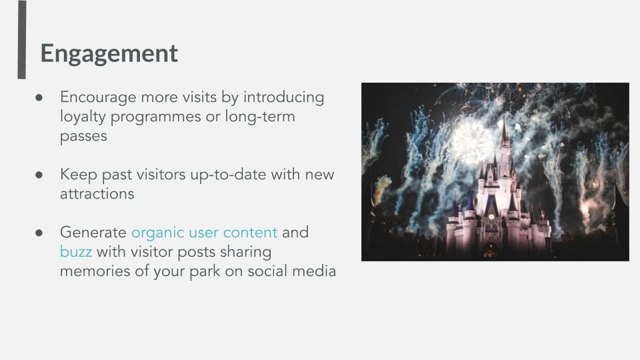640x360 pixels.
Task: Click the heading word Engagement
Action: click(109, 54)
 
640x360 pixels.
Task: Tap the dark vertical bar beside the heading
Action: click(21, 39)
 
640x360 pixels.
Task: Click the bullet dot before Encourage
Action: click(39, 97)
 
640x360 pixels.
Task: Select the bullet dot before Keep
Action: click(39, 175)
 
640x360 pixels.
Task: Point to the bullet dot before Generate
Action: click(39, 233)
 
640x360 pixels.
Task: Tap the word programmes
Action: click(156, 117)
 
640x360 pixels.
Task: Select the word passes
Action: click(83, 137)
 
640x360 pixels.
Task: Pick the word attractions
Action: click(97, 194)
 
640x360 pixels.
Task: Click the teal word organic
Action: click(157, 233)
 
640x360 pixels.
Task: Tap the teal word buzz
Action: click(76, 252)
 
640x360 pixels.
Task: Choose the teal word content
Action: click(250, 233)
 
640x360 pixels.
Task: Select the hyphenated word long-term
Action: click(260, 117)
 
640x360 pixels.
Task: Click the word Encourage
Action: click(99, 97)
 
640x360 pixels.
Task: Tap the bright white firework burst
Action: click(471, 141)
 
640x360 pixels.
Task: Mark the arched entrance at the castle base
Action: click(491, 250)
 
